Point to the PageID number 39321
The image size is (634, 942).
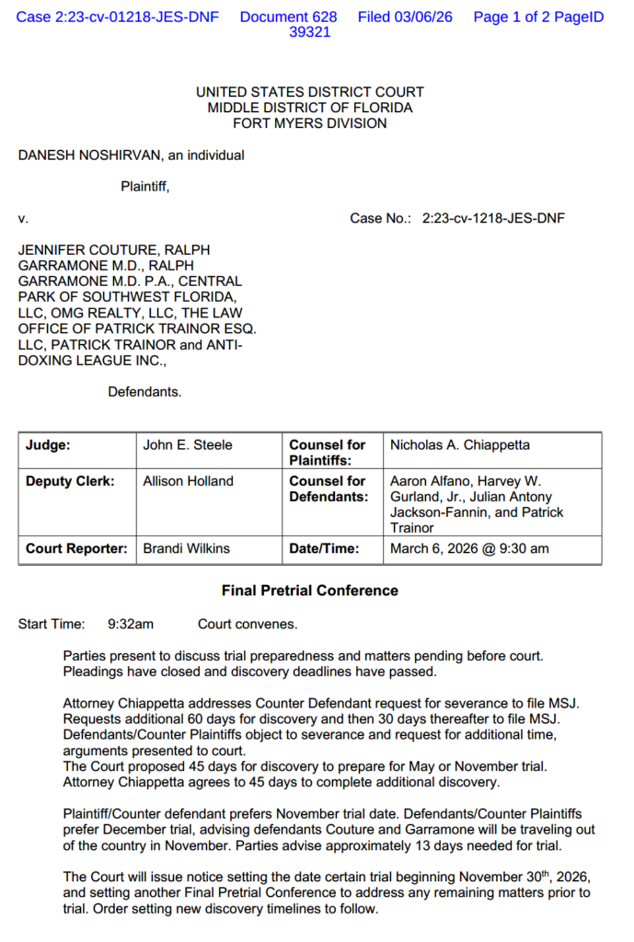[x=310, y=32]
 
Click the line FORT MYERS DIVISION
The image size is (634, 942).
[x=310, y=123]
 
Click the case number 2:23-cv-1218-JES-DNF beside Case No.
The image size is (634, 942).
[x=493, y=218]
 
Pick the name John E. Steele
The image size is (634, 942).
[x=188, y=445]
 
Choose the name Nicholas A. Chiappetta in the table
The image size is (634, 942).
[x=460, y=445]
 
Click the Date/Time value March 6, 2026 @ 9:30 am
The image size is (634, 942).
[x=469, y=549]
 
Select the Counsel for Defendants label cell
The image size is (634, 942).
[x=328, y=488]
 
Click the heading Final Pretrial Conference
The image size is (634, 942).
[x=310, y=591]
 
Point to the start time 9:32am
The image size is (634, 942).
[x=131, y=625]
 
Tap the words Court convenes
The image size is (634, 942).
[x=248, y=625]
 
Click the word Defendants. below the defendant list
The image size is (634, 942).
[x=144, y=392]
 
